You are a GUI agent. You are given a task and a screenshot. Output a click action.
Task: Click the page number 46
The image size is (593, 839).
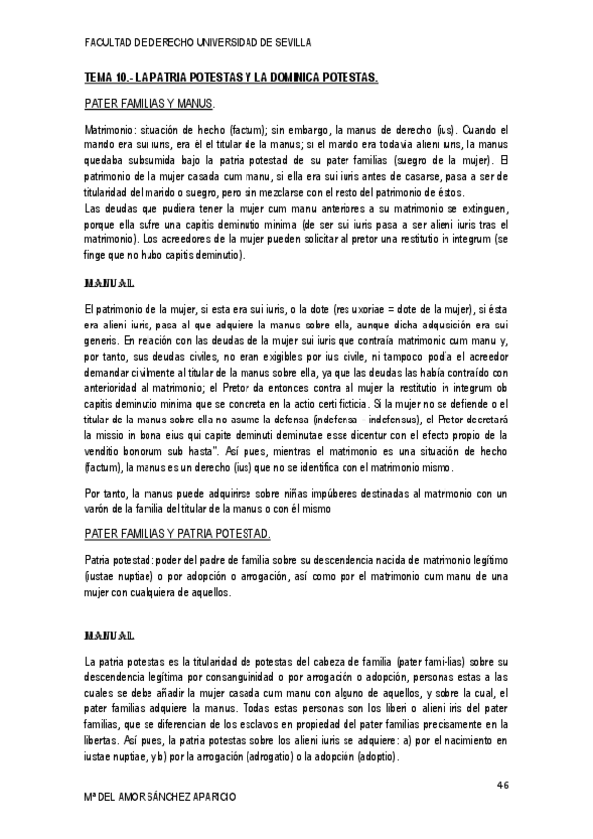click(503, 784)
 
